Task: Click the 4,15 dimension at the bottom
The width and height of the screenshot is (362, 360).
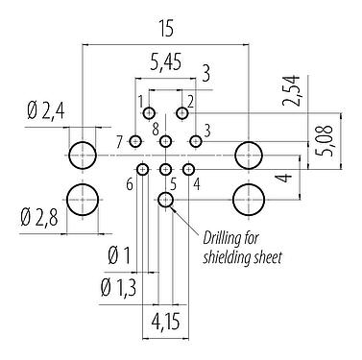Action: (x=165, y=321)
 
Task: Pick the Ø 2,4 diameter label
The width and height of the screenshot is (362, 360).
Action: (x=41, y=112)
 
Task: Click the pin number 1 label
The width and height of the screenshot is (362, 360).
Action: (x=140, y=101)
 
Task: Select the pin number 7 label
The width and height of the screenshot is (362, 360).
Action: (x=119, y=142)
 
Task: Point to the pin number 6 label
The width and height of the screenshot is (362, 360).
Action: (x=129, y=184)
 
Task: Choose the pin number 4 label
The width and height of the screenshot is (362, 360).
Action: (x=197, y=183)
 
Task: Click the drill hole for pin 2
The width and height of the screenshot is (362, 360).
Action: (x=181, y=113)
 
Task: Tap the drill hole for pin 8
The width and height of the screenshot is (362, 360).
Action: (x=166, y=142)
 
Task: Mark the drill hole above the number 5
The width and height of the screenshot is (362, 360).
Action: (x=165, y=170)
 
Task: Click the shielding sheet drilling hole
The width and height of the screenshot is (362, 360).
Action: (x=165, y=200)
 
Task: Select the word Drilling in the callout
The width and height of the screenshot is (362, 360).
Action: (x=224, y=239)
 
